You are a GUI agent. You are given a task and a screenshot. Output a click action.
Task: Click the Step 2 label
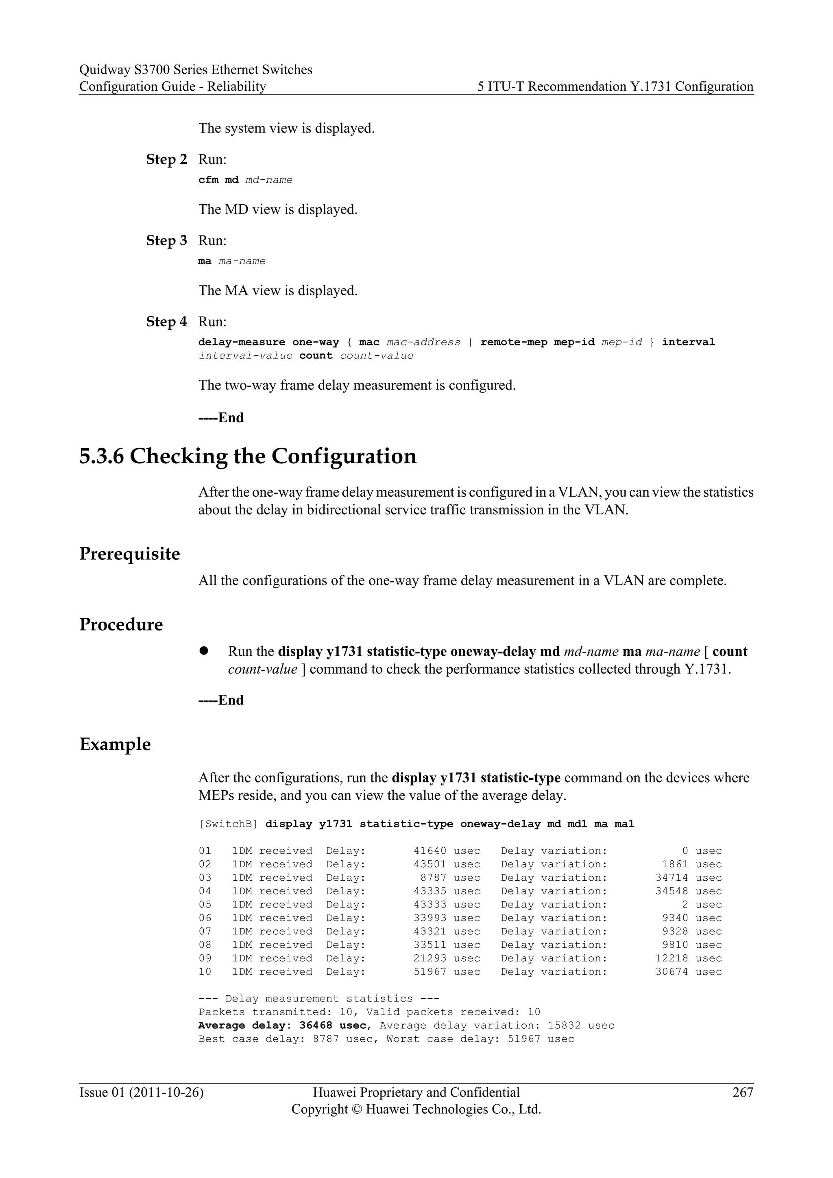pyautogui.click(x=167, y=159)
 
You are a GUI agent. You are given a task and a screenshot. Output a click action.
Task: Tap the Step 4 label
pyautogui.click(x=167, y=322)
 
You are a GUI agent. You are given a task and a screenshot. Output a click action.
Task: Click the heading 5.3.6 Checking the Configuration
pyautogui.click(x=248, y=456)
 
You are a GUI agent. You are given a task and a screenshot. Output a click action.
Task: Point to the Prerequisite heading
pyautogui.click(x=130, y=554)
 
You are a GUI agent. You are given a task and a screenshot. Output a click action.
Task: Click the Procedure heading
pyautogui.click(x=121, y=624)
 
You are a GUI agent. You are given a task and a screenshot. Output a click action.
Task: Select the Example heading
pyautogui.click(x=116, y=744)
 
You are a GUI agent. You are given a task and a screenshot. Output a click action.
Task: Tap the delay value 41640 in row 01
pyautogui.click(x=430, y=851)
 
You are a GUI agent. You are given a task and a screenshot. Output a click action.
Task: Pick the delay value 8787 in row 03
pyautogui.click(x=434, y=878)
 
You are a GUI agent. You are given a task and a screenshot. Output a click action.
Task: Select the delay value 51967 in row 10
pyautogui.click(x=430, y=972)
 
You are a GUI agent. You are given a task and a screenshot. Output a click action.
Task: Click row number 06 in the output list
pyautogui.click(x=205, y=918)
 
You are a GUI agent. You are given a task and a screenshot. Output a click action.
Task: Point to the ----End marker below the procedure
pyautogui.click(x=221, y=700)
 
